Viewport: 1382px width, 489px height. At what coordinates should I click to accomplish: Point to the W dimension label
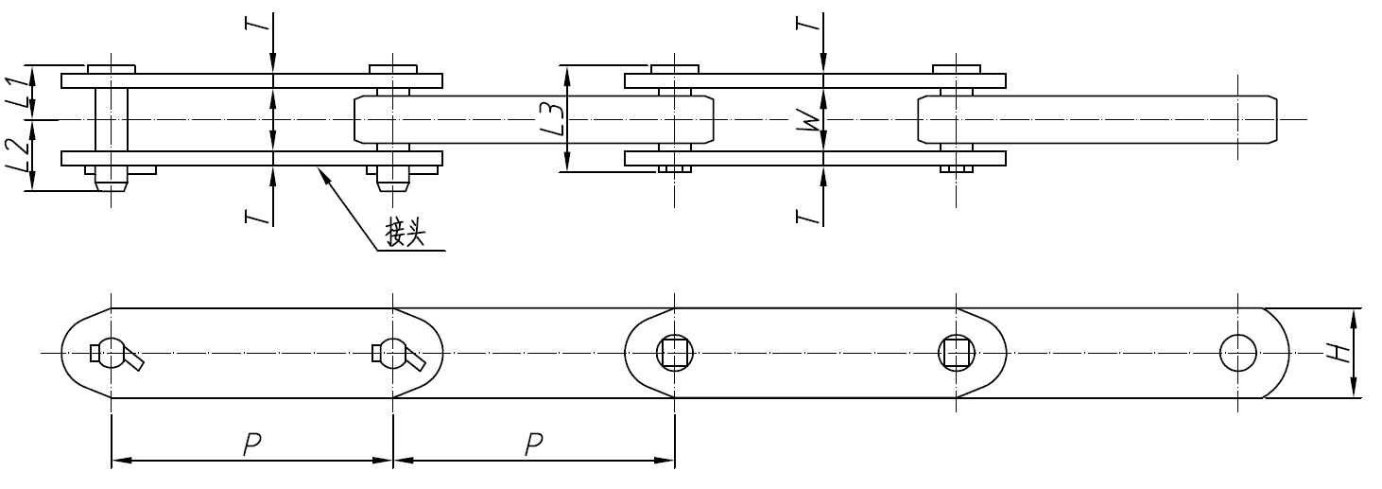(806, 120)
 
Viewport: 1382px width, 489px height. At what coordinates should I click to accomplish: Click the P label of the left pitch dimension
(251, 444)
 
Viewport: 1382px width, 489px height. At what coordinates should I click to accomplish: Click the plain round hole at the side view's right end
(1237, 354)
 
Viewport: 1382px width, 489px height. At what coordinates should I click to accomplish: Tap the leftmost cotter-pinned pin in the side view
(112, 354)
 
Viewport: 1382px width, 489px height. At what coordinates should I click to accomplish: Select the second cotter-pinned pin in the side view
(393, 354)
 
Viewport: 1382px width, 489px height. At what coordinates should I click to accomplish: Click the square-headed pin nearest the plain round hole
(956, 354)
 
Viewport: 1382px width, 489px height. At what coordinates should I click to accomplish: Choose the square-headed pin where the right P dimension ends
(674, 354)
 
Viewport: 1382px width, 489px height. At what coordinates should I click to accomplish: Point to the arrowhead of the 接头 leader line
(323, 171)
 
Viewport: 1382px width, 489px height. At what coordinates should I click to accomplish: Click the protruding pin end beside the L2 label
(112, 182)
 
